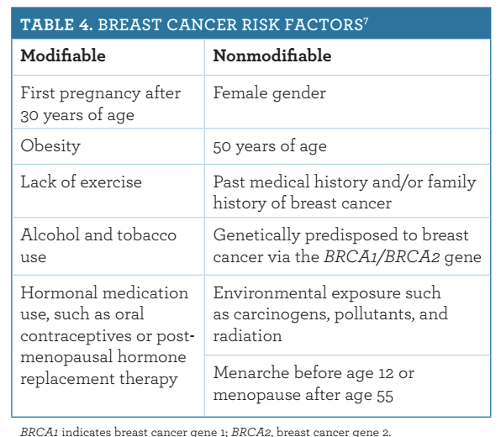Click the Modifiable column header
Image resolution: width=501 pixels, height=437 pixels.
click(x=63, y=55)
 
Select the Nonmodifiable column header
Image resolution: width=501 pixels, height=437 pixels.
click(x=272, y=55)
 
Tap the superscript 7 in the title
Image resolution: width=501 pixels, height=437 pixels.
click(x=366, y=21)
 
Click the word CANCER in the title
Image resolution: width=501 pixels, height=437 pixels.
click(x=201, y=25)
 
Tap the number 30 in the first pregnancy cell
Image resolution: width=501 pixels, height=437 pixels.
click(x=29, y=116)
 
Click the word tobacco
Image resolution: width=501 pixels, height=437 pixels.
click(x=146, y=235)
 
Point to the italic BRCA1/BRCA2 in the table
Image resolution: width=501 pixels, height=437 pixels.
click(x=382, y=257)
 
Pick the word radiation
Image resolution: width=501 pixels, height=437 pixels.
click(x=247, y=336)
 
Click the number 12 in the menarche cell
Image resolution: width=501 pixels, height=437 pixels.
click(x=386, y=373)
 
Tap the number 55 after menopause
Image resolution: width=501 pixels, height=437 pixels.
click(x=385, y=396)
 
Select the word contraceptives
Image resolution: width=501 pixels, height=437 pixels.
click(x=76, y=337)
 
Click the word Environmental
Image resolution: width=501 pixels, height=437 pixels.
click(x=270, y=292)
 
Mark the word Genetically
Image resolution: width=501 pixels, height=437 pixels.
click(x=256, y=236)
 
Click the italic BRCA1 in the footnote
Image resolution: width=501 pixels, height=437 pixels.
click(x=40, y=432)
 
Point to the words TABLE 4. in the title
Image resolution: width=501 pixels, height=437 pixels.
click(x=56, y=25)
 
